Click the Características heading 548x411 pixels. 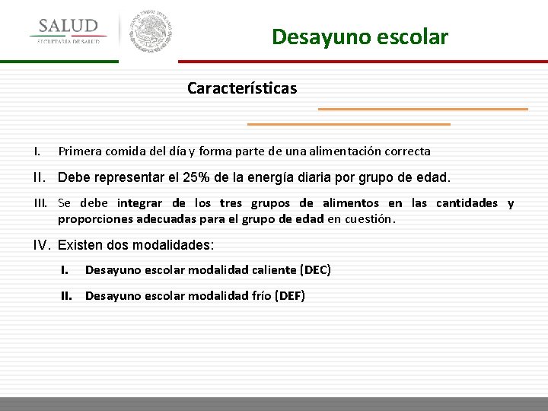(242, 88)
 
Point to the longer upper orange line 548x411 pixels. (422, 109)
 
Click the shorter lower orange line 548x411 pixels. (349, 123)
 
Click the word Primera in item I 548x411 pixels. (81, 151)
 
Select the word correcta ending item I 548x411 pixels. (406, 151)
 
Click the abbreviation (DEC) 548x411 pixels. (316, 269)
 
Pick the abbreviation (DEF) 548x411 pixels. (290, 295)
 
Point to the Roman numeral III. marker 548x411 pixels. (41, 203)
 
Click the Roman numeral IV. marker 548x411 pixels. (42, 245)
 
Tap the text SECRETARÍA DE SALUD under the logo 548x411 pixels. (68, 42)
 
